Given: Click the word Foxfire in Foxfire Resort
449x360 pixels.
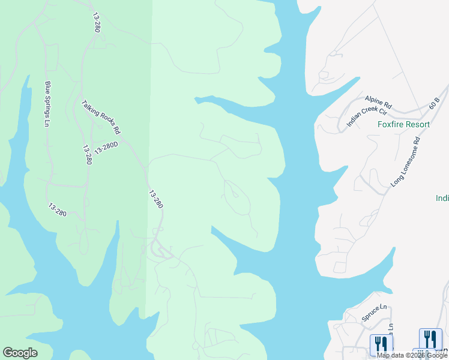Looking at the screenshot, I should [x=391, y=125].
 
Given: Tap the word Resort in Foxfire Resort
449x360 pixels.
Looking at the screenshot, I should [x=418, y=125].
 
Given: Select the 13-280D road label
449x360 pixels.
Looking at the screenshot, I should [x=106, y=148].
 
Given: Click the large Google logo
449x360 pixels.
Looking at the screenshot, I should [x=20, y=353].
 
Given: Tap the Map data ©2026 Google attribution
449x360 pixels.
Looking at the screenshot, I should [x=412, y=355].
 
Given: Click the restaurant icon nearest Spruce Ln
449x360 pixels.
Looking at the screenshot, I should [x=381, y=343].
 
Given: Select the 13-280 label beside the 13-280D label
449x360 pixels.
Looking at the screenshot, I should [x=88, y=154].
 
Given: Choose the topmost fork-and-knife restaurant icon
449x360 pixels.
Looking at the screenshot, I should [x=430, y=338].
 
